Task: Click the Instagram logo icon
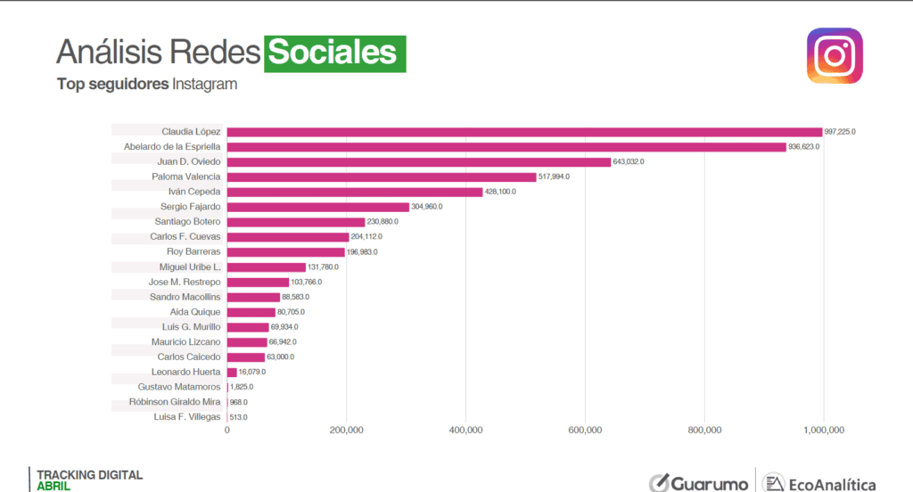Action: click(x=835, y=55)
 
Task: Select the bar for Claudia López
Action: click(x=524, y=132)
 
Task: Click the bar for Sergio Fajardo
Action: click(x=318, y=207)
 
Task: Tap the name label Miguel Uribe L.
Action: click(x=189, y=266)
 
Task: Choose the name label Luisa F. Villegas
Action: click(x=187, y=416)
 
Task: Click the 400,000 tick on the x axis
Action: click(x=465, y=430)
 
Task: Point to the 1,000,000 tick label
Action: click(x=823, y=430)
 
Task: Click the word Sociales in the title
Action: click(x=333, y=53)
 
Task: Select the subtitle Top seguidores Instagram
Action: click(x=146, y=85)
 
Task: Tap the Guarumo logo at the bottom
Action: click(x=698, y=482)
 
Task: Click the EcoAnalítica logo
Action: click(x=820, y=482)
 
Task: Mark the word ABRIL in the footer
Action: click(x=53, y=487)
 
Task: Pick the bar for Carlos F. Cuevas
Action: click(x=288, y=237)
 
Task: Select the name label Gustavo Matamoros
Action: click(x=179, y=387)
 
